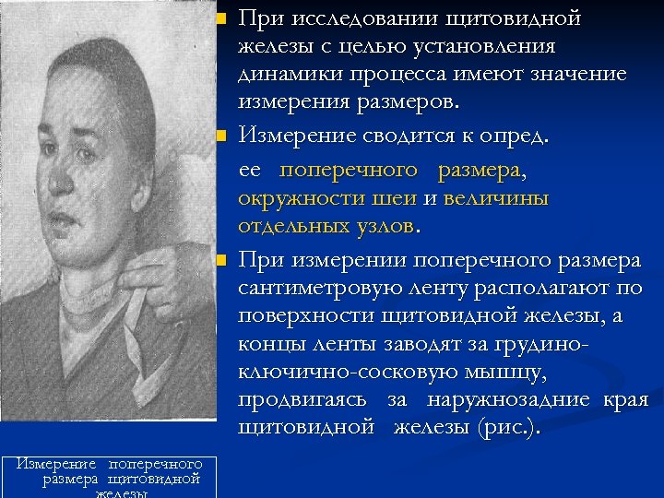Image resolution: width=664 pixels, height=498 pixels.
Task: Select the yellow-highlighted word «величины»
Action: click(496, 198)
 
